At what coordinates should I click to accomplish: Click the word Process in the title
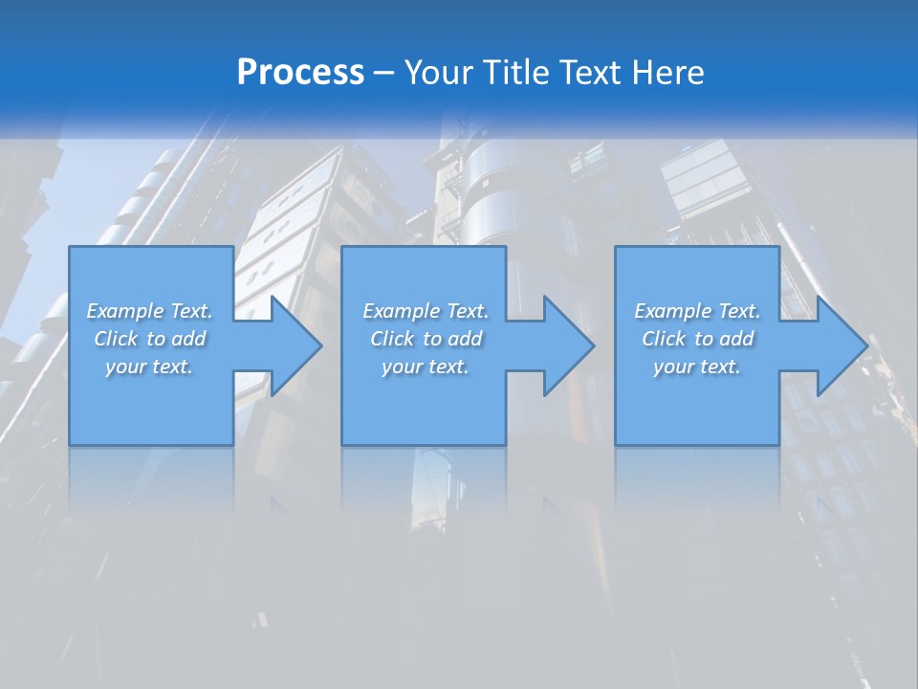pos(300,73)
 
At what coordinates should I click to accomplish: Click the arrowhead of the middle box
pos(567,345)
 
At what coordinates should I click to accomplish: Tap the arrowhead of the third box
pos(841,345)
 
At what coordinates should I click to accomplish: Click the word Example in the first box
pos(125,311)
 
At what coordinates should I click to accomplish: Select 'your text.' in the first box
pos(149,367)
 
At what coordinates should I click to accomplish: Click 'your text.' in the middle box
pos(426,367)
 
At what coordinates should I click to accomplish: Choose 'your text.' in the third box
pos(697,367)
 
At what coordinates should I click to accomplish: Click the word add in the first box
pos(189,339)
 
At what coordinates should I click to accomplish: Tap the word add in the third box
pos(737,339)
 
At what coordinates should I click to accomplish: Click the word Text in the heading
pos(585,73)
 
